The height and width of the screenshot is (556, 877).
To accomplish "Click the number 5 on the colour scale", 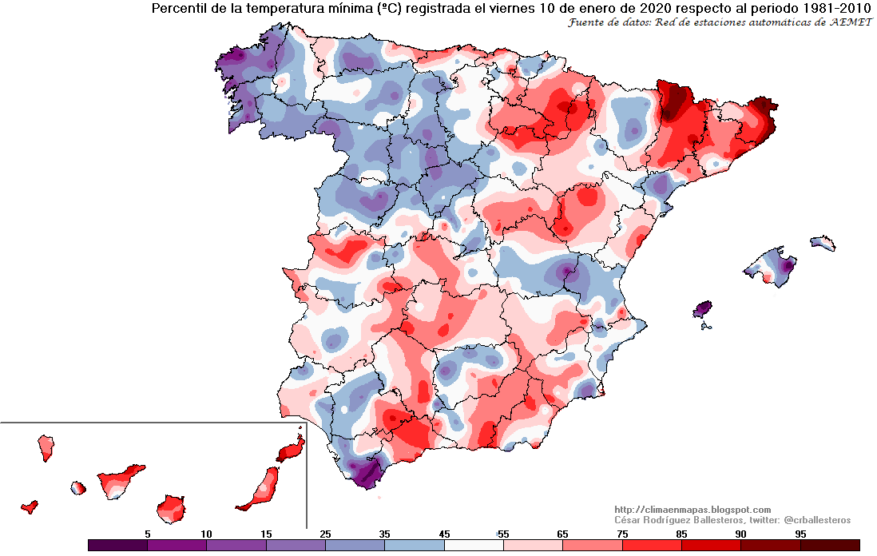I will click(147, 533).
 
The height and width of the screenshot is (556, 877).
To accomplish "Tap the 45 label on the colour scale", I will click(443, 533).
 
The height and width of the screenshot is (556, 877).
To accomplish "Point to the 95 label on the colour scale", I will click(800, 533).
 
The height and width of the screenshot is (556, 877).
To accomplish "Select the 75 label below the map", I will click(621, 533).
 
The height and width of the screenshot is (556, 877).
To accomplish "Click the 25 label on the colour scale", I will click(325, 533).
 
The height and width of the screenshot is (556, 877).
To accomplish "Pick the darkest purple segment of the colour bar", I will click(117, 545).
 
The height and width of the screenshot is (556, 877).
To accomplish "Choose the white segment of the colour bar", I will click(473, 545).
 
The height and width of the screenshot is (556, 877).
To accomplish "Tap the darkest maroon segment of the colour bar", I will click(830, 545).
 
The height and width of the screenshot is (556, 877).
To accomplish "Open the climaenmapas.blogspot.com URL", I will click(692, 510).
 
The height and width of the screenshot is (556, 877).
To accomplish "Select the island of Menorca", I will click(823, 243).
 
